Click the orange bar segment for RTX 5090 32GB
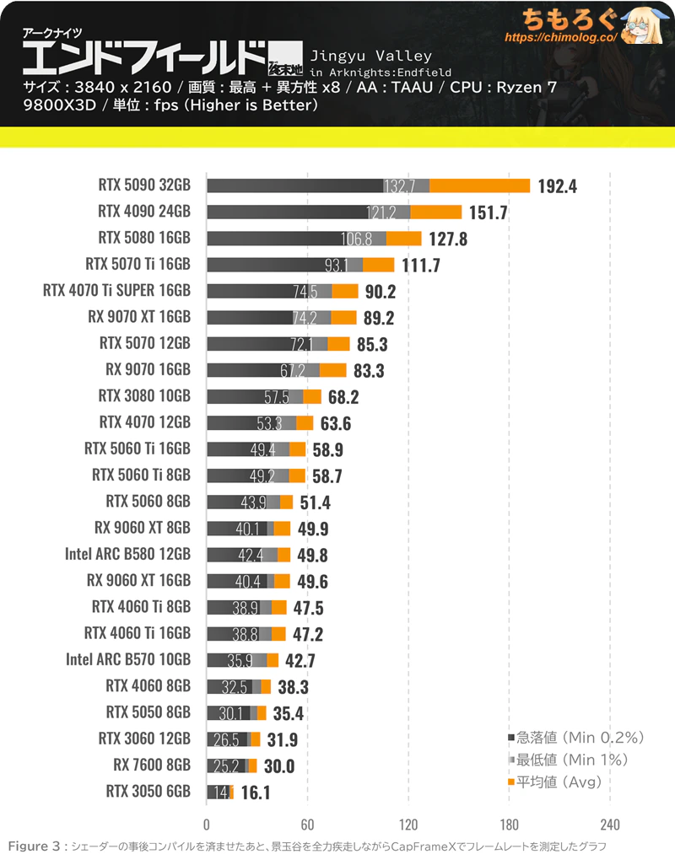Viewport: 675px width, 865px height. (479, 186)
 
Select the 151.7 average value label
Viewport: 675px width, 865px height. (489, 212)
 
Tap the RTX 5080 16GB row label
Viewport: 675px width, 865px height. (144, 238)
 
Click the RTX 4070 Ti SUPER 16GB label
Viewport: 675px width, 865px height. (116, 291)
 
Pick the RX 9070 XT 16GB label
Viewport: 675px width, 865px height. (139, 317)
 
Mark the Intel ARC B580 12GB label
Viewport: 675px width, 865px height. (127, 554)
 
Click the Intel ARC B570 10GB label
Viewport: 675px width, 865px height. (127, 659)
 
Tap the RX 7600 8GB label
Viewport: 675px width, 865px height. (151, 765)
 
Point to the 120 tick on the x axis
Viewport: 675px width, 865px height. (408, 824)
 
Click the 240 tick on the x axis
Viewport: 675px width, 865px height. (610, 824)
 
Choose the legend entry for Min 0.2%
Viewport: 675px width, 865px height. (576, 738)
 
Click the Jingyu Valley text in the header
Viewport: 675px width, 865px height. (371, 56)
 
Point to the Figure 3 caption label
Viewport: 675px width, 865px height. (35, 846)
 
